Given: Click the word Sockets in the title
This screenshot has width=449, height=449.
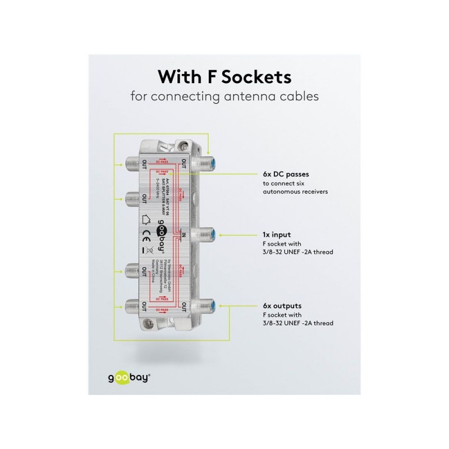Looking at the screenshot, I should tap(259, 76).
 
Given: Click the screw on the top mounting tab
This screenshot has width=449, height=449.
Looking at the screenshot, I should tap(185, 147).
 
